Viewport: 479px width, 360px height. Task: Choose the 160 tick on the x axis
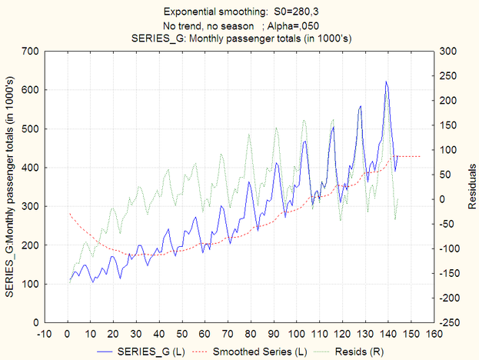click(434, 335)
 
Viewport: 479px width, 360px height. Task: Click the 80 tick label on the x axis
click(251, 335)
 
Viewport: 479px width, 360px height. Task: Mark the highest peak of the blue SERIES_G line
click(386, 82)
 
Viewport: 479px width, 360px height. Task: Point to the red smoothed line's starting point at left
click(69, 214)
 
